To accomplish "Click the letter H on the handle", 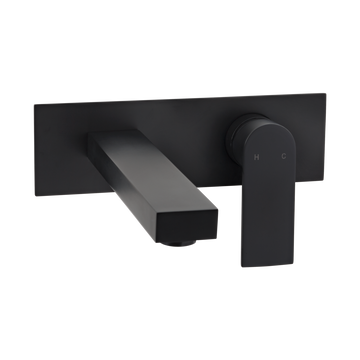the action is (256, 157).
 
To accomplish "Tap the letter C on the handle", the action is (284, 156).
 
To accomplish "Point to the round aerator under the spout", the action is (179, 243).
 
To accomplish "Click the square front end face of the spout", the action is (187, 225).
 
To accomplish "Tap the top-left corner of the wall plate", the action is (34, 105).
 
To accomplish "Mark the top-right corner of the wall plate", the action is (325, 94).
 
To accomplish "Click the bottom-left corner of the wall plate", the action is (35, 196).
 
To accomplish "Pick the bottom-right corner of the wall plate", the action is (325, 180).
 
